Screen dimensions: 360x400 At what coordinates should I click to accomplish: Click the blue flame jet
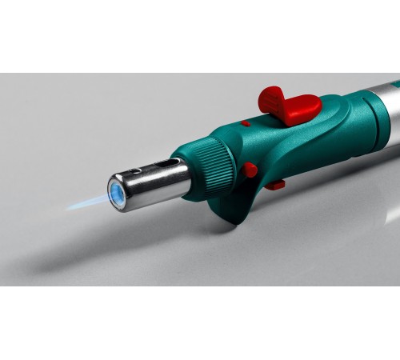point(88,201)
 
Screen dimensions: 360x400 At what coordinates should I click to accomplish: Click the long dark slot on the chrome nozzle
point(166,162)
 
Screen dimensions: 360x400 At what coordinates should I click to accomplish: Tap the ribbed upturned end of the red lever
point(272,98)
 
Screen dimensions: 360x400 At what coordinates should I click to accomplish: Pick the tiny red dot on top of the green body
point(246,123)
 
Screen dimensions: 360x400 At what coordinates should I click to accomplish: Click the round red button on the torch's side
point(250,170)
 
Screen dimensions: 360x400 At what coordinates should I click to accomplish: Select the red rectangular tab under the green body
point(274,185)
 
